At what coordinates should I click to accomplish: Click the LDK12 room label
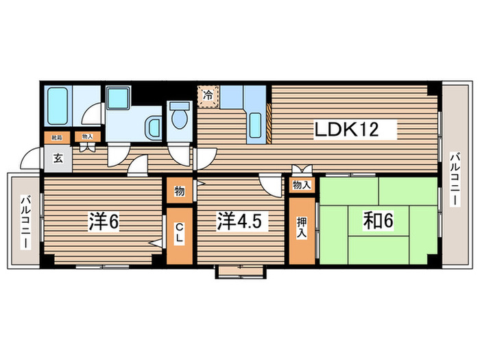(346, 128)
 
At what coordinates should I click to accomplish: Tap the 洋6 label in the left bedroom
(104, 221)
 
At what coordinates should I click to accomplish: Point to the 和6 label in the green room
(377, 221)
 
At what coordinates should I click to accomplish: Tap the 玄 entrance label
(58, 158)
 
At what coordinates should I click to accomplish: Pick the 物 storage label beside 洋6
(178, 191)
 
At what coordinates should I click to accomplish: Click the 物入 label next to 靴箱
(86, 137)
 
